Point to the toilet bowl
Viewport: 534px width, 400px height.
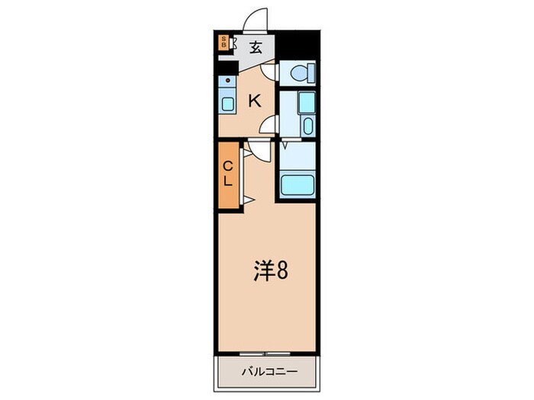pyautogui.click(x=300, y=73)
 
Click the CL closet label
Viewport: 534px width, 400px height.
pyautogui.click(x=228, y=174)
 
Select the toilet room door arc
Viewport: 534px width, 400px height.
pyautogui.click(x=269, y=70)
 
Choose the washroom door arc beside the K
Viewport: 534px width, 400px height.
pyautogui.click(x=269, y=125)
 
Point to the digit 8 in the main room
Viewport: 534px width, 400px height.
pyautogui.click(x=281, y=271)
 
